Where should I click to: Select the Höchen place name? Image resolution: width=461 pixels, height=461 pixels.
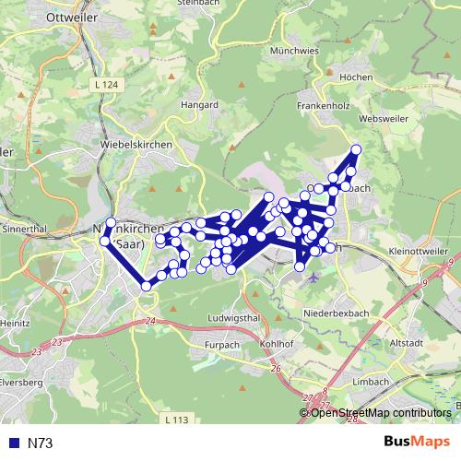click(356, 78)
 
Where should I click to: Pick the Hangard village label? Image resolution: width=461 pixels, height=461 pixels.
click(199, 105)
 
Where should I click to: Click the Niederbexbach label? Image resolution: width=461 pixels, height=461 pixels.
click(336, 313)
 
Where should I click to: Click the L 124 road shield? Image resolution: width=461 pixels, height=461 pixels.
click(107, 85)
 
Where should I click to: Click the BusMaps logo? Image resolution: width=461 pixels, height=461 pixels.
click(417, 443)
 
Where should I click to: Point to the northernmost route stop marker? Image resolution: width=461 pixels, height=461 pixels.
click(356, 149)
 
